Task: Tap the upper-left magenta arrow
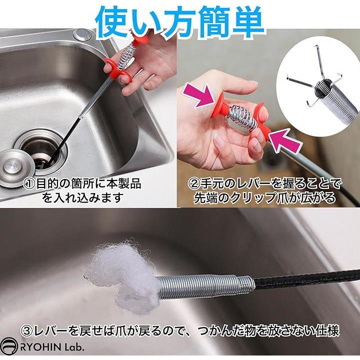[199, 95]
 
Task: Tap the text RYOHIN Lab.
[51, 347]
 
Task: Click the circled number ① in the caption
[29, 184]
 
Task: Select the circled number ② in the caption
[194, 184]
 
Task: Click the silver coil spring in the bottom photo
[205, 287]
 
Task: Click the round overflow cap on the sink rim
[81, 34]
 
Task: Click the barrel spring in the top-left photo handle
[124, 58]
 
